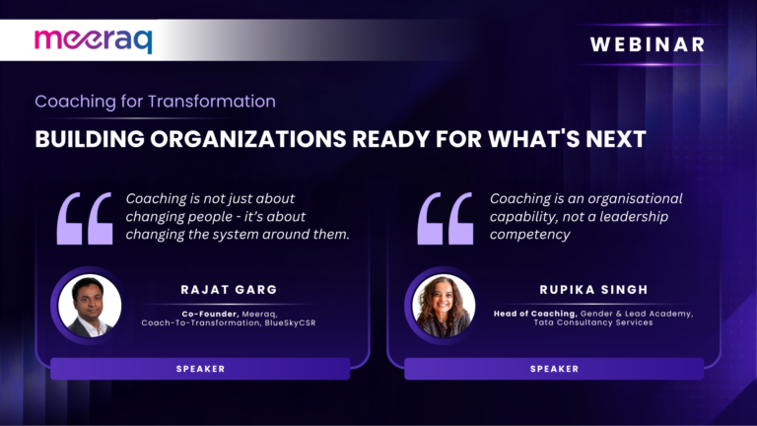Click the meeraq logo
pos(94,40)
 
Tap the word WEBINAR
pos(648,44)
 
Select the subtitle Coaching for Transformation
pos(155,102)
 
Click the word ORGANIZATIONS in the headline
pos(247,139)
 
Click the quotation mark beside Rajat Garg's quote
pos(85,218)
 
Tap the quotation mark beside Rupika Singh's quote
pos(446,218)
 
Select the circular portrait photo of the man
pos(90,306)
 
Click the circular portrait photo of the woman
pos(444,306)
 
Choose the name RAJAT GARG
pos(229,289)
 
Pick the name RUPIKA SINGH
pos(593,289)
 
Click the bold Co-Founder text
pos(211,314)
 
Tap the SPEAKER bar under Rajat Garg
pos(200,369)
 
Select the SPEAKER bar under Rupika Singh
pos(554,369)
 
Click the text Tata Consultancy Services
pos(592,322)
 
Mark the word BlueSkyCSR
pos(290,322)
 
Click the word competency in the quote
pos(529,235)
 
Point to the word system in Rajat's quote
pos(244,235)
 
